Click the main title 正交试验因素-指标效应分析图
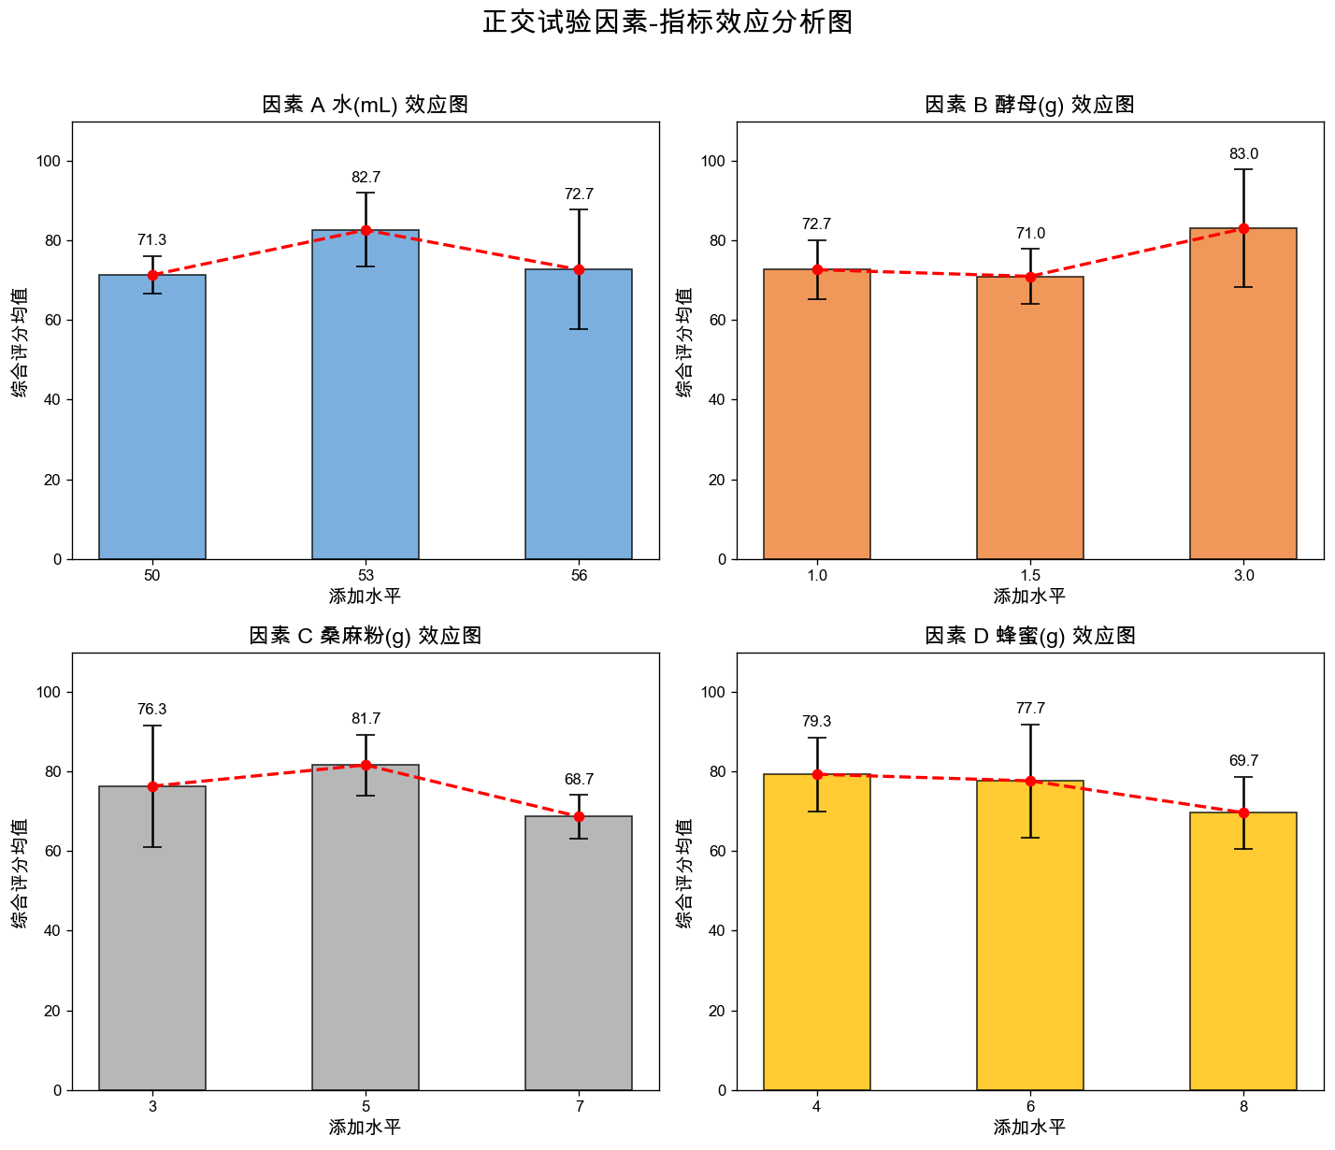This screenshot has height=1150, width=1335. [x=667, y=22]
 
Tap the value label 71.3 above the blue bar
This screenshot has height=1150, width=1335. [x=152, y=240]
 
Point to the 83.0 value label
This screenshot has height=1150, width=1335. [x=1243, y=154]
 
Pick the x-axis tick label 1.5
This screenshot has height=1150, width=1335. [x=1030, y=576]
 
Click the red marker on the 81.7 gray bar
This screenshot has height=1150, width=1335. [x=366, y=765]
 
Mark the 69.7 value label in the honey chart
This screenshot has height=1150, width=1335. [x=1243, y=761]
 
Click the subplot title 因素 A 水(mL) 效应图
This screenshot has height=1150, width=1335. [x=366, y=105]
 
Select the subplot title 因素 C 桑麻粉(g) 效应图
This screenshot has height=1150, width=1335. [x=366, y=636]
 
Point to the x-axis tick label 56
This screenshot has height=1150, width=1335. [x=579, y=576]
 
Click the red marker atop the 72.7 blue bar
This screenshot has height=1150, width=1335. [x=579, y=269]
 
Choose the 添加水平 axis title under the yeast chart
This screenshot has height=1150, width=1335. [x=1030, y=597]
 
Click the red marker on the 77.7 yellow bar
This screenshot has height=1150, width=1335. [x=1030, y=781]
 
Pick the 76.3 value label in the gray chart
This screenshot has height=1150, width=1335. [x=152, y=710]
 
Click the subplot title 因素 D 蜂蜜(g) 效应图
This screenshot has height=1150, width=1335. [x=1030, y=636]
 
